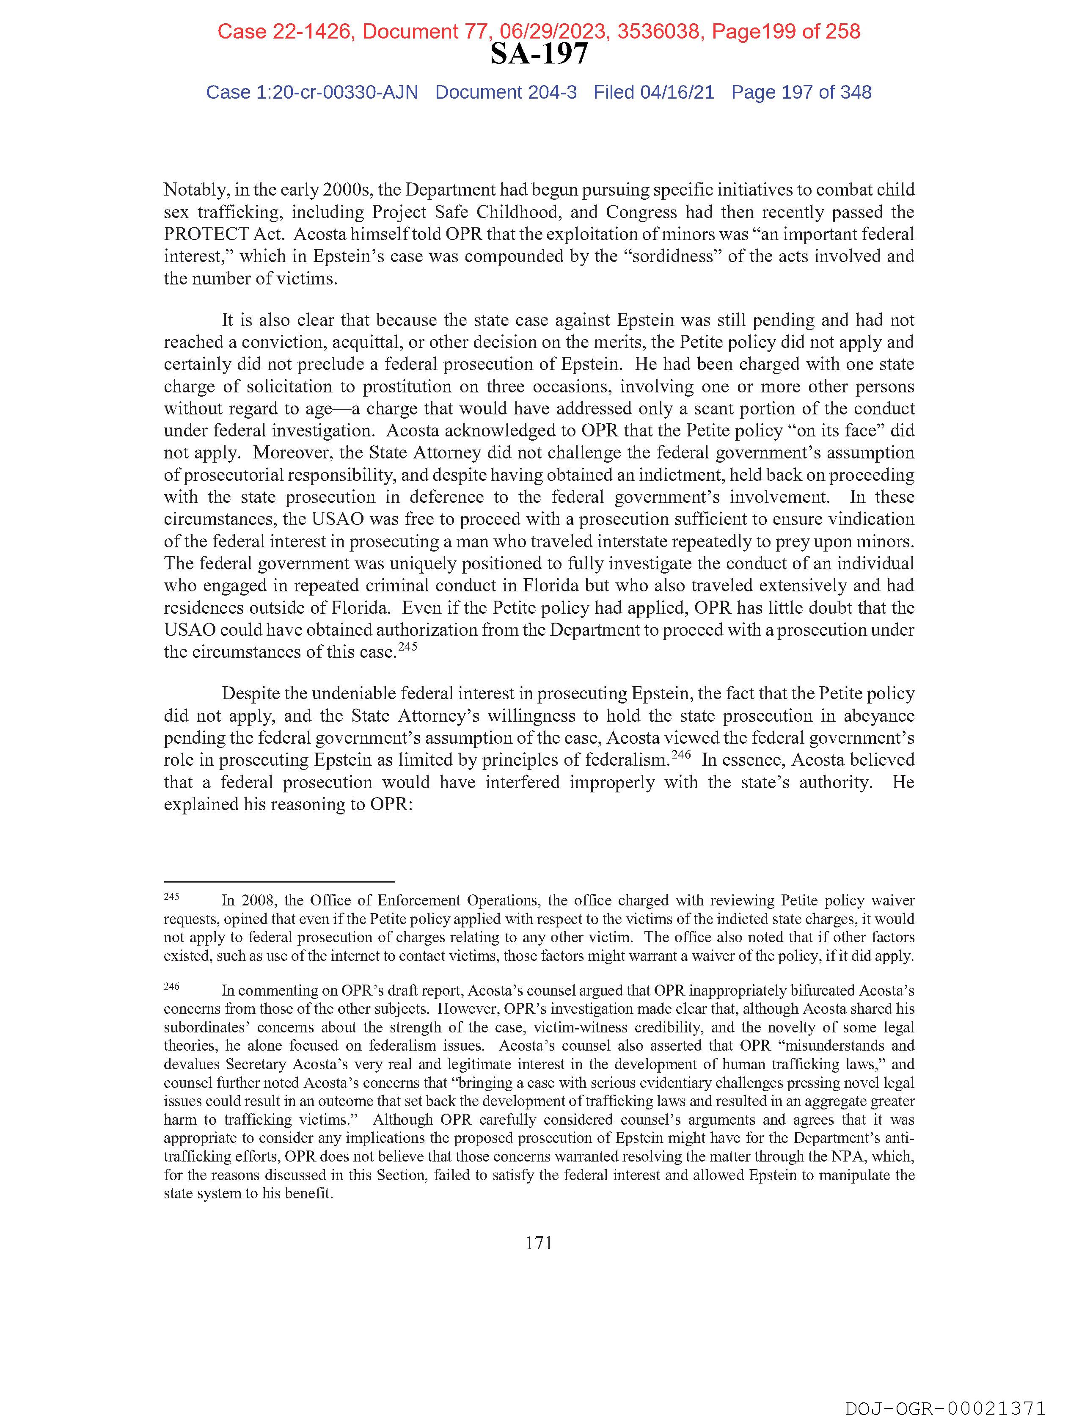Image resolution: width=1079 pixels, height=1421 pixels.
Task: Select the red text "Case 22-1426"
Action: (285, 31)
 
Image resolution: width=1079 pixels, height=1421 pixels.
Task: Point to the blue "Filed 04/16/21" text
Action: (654, 93)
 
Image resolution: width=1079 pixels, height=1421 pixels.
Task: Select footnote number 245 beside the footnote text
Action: (171, 896)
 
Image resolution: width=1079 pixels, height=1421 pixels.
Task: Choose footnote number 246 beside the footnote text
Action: (171, 986)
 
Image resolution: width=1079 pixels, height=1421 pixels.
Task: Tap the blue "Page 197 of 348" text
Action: (801, 93)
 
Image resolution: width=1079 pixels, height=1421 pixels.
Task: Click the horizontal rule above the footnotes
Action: (279, 882)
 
